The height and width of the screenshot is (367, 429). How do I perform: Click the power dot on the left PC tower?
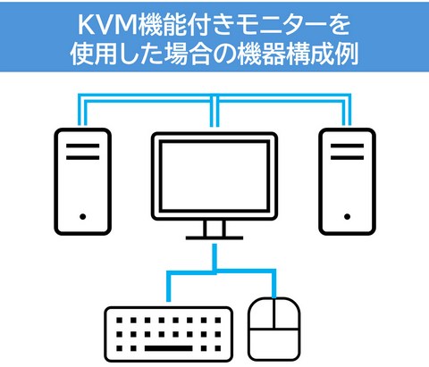[x=83, y=216]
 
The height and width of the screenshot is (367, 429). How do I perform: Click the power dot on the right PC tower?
[x=347, y=216]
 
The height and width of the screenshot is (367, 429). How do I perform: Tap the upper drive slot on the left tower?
[x=83, y=146]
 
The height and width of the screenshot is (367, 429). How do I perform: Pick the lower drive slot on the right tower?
[x=347, y=157]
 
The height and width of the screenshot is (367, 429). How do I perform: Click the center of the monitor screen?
[x=214, y=176]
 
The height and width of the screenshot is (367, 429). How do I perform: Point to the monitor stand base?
[x=214, y=238]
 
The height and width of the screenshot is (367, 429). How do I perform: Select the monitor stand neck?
[x=214, y=229]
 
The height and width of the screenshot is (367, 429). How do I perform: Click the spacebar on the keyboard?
[x=168, y=348]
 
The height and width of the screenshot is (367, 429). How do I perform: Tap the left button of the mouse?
[x=262, y=313]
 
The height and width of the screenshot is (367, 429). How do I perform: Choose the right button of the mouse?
[x=287, y=313]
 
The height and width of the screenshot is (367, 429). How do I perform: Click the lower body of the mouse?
[x=274, y=344]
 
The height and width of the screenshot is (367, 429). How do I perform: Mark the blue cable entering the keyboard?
[x=168, y=287]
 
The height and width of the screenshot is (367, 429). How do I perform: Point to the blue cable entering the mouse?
[x=273, y=283]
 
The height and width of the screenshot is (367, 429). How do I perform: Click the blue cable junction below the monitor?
[x=214, y=271]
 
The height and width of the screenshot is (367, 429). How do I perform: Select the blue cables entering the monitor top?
[x=214, y=111]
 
